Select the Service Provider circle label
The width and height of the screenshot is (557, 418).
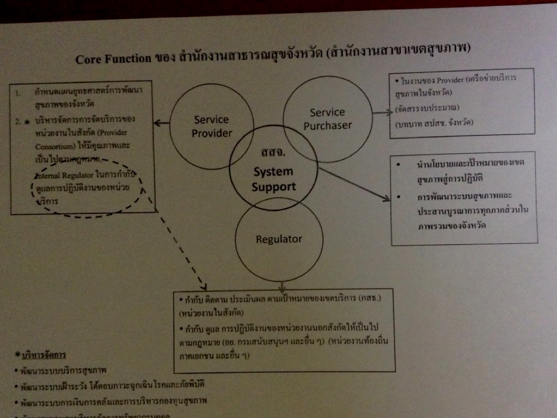(x=212, y=126)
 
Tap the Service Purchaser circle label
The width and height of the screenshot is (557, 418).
(x=327, y=119)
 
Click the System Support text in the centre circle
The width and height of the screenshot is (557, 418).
(x=273, y=179)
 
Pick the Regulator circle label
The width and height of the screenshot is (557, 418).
(x=279, y=239)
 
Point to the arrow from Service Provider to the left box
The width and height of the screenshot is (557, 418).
(x=162, y=124)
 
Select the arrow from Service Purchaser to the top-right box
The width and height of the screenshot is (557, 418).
(x=382, y=113)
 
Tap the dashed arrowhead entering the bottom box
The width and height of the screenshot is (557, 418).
(x=202, y=285)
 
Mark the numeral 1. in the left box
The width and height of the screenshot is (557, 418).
(x=18, y=93)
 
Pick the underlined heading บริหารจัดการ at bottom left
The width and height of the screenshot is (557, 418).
(x=44, y=355)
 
